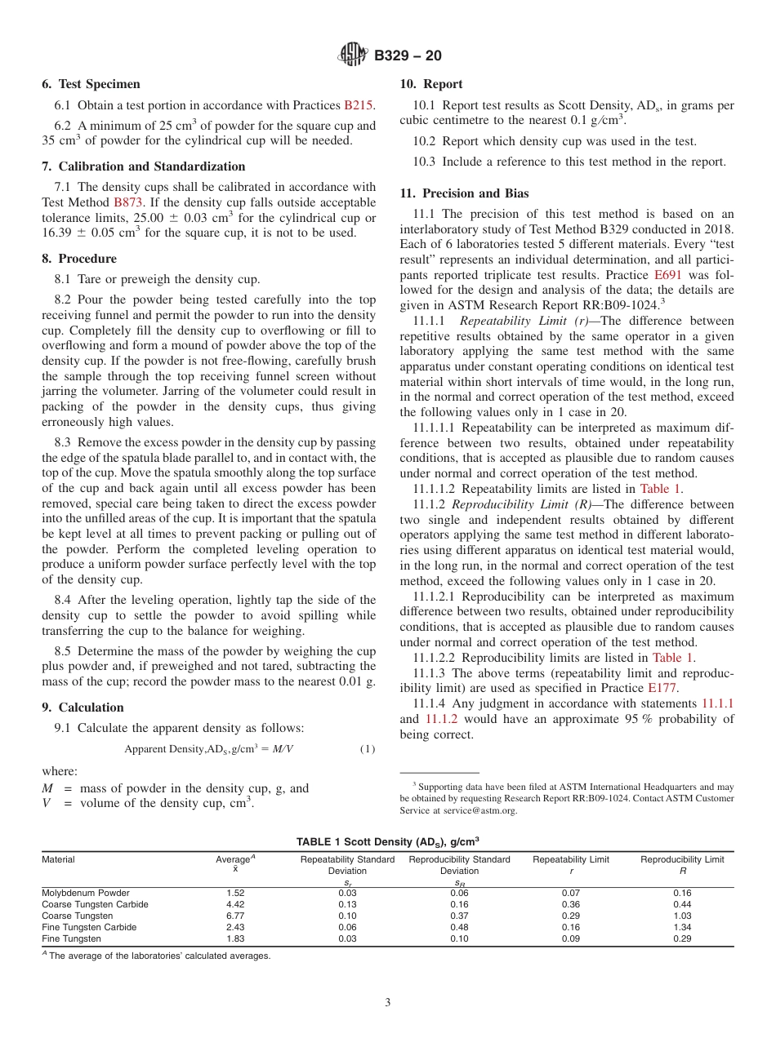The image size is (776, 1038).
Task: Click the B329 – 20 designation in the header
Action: [408, 55]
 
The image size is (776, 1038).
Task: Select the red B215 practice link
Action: [358, 105]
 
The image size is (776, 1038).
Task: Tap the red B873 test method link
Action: [128, 202]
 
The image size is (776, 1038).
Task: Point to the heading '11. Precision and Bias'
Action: [464, 193]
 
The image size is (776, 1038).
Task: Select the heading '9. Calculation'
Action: [83, 708]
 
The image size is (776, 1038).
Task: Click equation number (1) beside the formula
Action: [368, 749]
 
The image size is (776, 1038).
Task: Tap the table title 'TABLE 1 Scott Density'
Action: [387, 841]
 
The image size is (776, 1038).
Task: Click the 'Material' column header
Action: [58, 859]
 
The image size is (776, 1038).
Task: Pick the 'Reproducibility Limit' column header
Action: [681, 859]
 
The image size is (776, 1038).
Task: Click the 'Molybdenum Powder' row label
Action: [85, 894]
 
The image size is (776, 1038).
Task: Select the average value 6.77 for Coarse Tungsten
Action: [235, 916]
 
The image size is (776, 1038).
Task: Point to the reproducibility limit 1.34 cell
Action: [681, 928]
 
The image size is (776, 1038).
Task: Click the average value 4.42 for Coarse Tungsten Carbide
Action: [235, 905]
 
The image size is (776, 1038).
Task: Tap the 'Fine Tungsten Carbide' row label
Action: [89, 928]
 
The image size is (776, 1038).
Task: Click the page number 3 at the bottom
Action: [387, 1003]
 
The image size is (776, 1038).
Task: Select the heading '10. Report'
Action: [431, 84]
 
